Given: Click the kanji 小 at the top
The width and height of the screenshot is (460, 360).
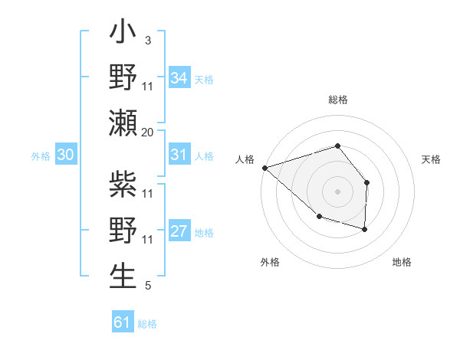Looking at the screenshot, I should pos(123,34).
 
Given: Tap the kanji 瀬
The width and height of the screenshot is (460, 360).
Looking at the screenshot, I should pos(123,123).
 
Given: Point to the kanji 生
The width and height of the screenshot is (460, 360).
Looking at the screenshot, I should pos(123,276).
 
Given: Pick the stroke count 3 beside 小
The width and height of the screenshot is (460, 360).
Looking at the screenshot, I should pos(147,41).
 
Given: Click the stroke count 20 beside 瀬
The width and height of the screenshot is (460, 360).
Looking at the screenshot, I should pos(147,132).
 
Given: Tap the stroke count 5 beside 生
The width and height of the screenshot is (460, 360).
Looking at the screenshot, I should pos(147,286).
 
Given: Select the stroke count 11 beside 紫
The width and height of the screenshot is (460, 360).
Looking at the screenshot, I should pos(148,194).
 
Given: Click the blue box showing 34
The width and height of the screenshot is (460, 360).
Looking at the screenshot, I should pos(179,77).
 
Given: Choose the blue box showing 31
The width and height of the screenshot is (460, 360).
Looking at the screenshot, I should pos(179,155).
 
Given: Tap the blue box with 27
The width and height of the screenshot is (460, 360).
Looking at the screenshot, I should pos(179,231).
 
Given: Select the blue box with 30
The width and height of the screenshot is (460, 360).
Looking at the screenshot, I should pos(65,155).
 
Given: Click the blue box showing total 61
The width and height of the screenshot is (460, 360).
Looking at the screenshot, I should pos(122,322).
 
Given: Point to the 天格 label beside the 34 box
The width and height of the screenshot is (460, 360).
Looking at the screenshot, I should pos(204,80).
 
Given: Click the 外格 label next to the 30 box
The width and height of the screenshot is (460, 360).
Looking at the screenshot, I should pos(41,156).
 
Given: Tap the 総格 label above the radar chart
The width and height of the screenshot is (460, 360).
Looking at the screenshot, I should pos(337,100).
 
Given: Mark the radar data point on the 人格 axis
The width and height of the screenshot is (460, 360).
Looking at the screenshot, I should pos(264,167).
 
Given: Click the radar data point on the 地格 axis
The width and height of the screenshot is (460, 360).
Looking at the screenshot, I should pos(365,229).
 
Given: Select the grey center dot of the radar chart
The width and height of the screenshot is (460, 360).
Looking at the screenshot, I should pos(337,191).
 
